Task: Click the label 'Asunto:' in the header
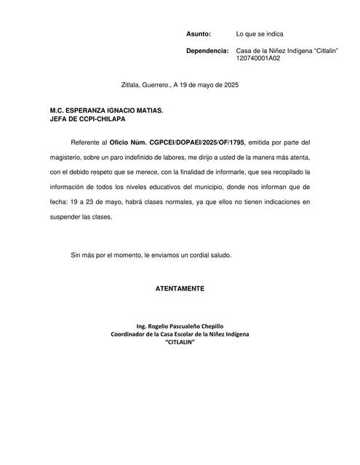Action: coord(199,34)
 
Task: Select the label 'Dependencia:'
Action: coord(207,51)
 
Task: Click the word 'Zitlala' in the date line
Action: coord(132,85)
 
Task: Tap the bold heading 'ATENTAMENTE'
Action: coord(180,289)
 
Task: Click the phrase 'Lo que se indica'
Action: coord(260,34)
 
